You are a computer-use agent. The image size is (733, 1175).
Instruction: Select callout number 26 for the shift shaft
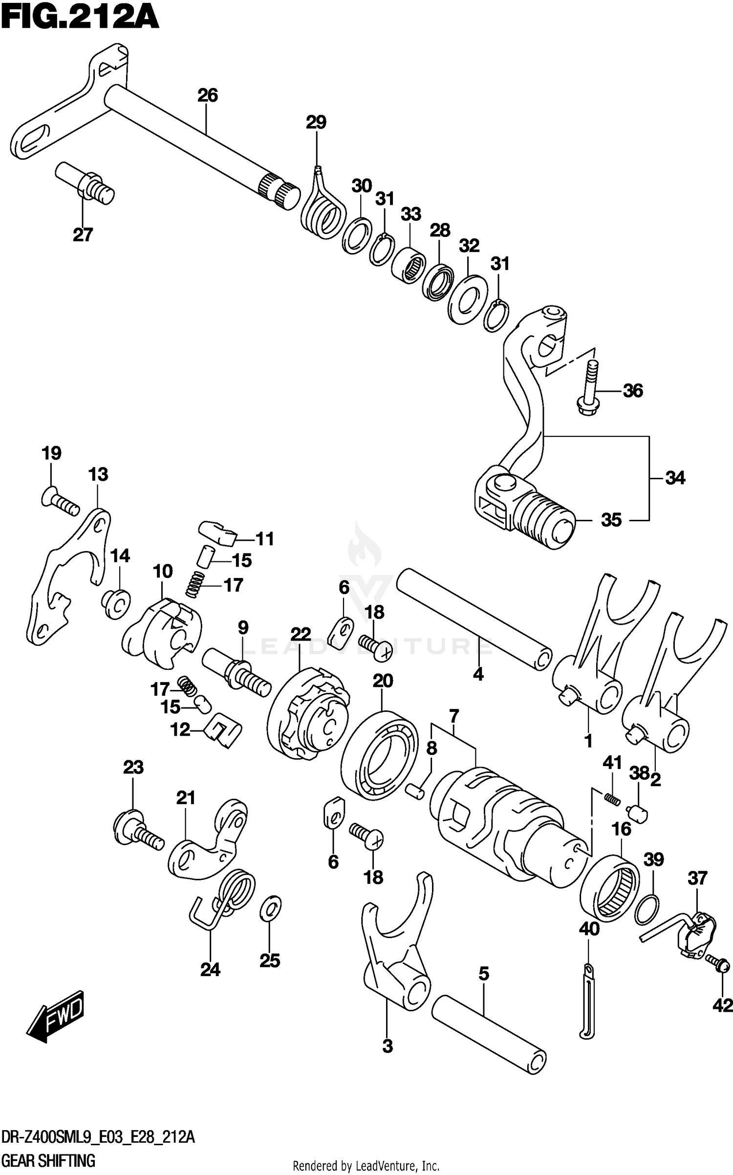207,95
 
